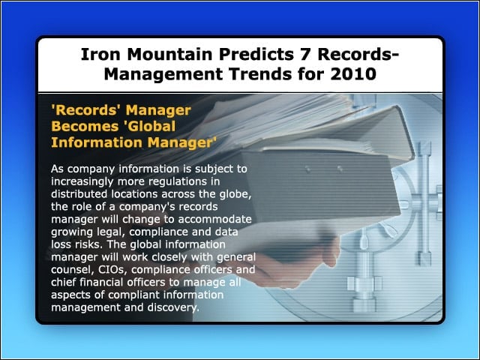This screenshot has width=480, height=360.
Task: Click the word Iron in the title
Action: (x=100, y=54)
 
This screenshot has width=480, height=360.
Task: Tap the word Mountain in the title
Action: (x=169, y=54)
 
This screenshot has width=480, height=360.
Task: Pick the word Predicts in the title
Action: (x=256, y=54)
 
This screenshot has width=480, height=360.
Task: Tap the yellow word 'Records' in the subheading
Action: (x=86, y=110)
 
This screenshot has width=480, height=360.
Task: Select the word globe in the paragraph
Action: (x=235, y=194)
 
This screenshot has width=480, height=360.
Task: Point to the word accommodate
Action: (x=214, y=219)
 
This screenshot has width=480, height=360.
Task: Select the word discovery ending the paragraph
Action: (x=173, y=307)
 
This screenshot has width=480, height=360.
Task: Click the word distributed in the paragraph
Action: (x=79, y=194)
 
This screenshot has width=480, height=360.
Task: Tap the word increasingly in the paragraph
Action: (x=82, y=182)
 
